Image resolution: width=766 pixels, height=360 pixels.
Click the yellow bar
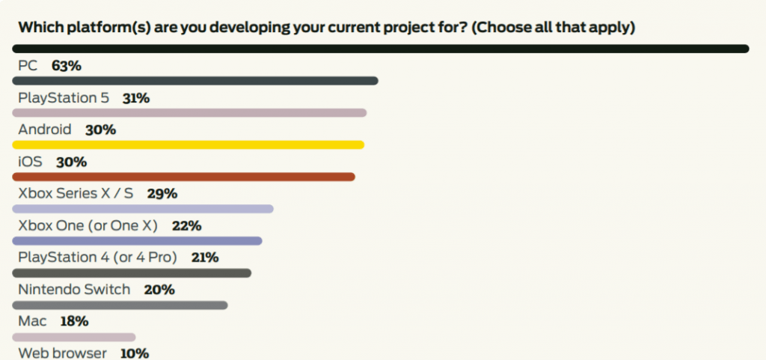(x=188, y=144)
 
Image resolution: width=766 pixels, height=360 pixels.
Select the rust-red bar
(x=184, y=177)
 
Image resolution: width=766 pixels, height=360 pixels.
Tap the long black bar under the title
(x=381, y=49)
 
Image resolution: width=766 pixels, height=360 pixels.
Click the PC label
(x=28, y=66)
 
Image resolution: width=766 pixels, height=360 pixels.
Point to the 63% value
(x=67, y=66)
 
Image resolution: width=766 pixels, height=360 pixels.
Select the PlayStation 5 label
(x=64, y=98)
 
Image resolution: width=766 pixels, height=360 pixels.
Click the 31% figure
(x=136, y=98)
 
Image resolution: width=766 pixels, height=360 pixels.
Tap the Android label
(x=44, y=130)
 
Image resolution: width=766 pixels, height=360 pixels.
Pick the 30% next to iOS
(x=71, y=162)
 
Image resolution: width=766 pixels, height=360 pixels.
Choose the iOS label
(x=30, y=162)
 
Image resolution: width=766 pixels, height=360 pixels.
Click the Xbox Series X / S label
(x=76, y=194)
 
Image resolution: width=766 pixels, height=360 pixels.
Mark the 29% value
(x=162, y=194)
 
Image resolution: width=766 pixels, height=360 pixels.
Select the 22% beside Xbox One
(x=186, y=226)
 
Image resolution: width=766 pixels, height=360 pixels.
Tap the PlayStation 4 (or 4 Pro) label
(x=97, y=257)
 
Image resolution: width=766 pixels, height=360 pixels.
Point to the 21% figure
(x=205, y=257)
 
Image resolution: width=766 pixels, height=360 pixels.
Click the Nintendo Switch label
(x=74, y=290)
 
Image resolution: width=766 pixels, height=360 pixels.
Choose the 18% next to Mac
(x=74, y=321)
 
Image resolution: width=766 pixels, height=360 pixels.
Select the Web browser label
(x=62, y=353)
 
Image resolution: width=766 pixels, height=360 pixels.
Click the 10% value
(x=135, y=353)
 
